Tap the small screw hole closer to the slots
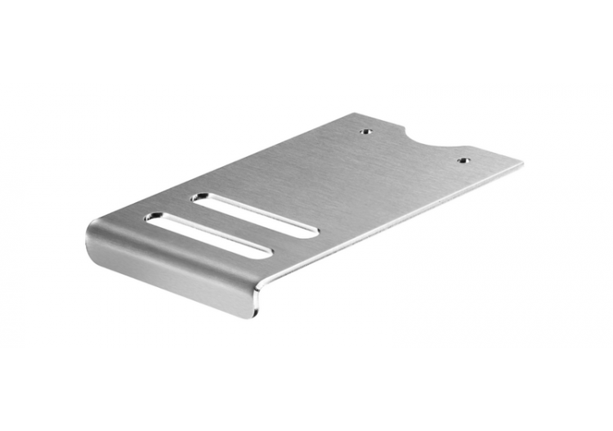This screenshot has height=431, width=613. coord(366,129)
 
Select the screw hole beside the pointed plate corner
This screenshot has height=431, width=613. coord(463,160)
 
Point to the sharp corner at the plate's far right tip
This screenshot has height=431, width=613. coord(521,164)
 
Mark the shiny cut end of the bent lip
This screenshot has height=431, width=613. coord(258,299)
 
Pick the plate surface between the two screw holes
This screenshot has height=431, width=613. coord(413,151)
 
